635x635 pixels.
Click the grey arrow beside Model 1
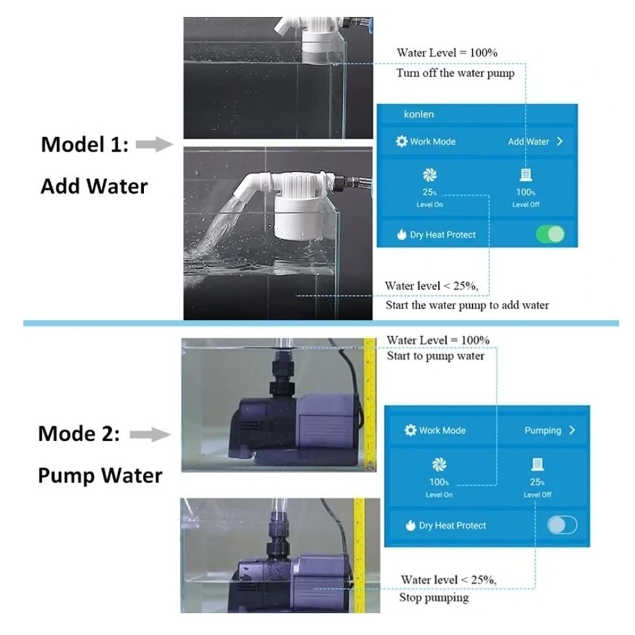point(154,145)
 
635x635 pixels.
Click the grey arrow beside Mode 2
point(150,434)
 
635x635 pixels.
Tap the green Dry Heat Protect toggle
point(550,234)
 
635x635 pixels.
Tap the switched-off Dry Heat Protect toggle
point(562,525)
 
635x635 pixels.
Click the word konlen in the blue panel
point(418,114)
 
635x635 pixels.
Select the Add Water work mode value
point(528,142)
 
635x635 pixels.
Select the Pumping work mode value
point(543,430)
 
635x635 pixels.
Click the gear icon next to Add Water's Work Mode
point(401,142)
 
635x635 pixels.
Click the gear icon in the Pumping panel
point(410,430)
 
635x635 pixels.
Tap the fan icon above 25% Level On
point(429,175)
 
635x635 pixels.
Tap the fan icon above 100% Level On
point(439,464)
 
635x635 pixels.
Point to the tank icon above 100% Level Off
point(526,175)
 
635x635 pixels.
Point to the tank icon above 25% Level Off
point(537,464)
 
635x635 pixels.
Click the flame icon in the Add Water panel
point(402,234)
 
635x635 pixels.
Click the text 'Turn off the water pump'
point(455,73)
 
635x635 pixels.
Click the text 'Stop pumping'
point(434,598)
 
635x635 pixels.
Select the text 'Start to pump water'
point(436,356)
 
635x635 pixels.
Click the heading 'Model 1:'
point(84,145)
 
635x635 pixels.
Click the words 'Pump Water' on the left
point(100,475)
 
